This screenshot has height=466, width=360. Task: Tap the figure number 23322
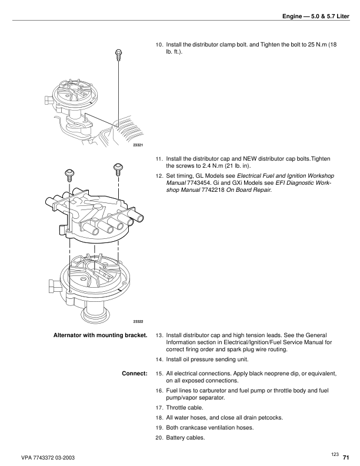coord(138,321)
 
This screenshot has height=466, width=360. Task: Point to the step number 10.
coord(159,45)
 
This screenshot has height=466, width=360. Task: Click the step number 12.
coord(159,175)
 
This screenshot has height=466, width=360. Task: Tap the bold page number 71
coord(346,457)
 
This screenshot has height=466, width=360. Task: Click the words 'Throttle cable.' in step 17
coord(186,407)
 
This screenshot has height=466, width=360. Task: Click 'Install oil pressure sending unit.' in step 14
coord(208,359)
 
